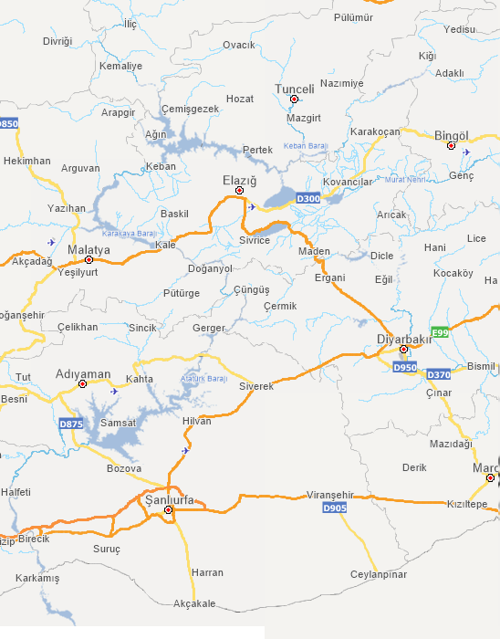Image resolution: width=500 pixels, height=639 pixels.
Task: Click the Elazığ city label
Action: click(240, 180)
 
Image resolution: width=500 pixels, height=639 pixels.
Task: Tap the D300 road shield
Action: click(309, 198)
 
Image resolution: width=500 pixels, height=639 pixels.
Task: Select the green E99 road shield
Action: click(442, 332)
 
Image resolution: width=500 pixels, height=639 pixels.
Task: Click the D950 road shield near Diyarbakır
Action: click(404, 367)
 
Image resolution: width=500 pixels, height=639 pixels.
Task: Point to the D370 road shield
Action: click(439, 374)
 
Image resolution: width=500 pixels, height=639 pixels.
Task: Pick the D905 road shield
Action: click(335, 508)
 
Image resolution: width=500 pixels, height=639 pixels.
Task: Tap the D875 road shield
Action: click(70, 424)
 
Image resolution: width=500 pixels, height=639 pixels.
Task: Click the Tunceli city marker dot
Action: click(294, 99)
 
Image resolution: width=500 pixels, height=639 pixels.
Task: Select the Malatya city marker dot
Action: click(89, 259)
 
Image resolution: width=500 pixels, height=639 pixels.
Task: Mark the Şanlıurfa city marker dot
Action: click(169, 509)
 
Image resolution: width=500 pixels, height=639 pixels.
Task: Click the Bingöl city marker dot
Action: click(451, 145)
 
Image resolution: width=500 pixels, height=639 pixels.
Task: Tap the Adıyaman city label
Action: click(83, 374)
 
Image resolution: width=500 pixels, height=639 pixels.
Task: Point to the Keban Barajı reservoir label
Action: click(305, 146)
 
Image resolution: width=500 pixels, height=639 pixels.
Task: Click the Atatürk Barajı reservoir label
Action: click(203, 379)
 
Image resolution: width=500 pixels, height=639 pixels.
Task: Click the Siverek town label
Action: click(256, 386)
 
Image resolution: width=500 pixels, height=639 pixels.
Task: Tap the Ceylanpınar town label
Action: click(379, 574)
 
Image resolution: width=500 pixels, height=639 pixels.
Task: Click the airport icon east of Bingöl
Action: click(466, 152)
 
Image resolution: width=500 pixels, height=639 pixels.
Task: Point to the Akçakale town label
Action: click(194, 603)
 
